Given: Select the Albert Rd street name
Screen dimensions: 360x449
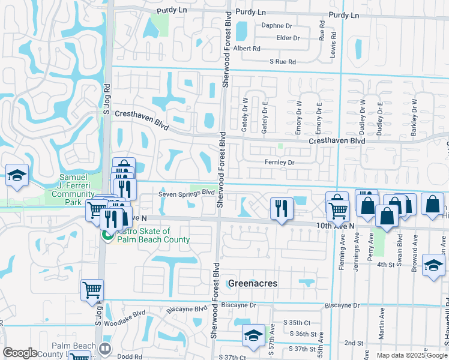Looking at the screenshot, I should click(x=247, y=49).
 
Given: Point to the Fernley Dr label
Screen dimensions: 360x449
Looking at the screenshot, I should click(x=280, y=163).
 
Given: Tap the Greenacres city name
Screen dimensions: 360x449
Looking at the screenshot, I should click(x=252, y=283).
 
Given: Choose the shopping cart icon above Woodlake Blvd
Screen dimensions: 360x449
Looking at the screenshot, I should click(x=92, y=290).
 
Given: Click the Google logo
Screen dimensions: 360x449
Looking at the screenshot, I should click(x=20, y=353).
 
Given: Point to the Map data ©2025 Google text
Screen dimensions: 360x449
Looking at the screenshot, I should click(x=412, y=355).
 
